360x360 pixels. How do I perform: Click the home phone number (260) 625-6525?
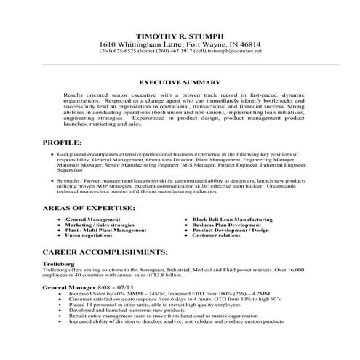pyautogui.click(x=137, y=52)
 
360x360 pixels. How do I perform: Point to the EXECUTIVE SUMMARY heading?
pyautogui.click(x=180, y=84)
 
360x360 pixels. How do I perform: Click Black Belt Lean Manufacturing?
pyautogui.click(x=232, y=219)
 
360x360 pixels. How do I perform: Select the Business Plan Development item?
pyautogui.click(x=226, y=225)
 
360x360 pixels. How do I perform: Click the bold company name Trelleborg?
pyautogui.click(x=39, y=263)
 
